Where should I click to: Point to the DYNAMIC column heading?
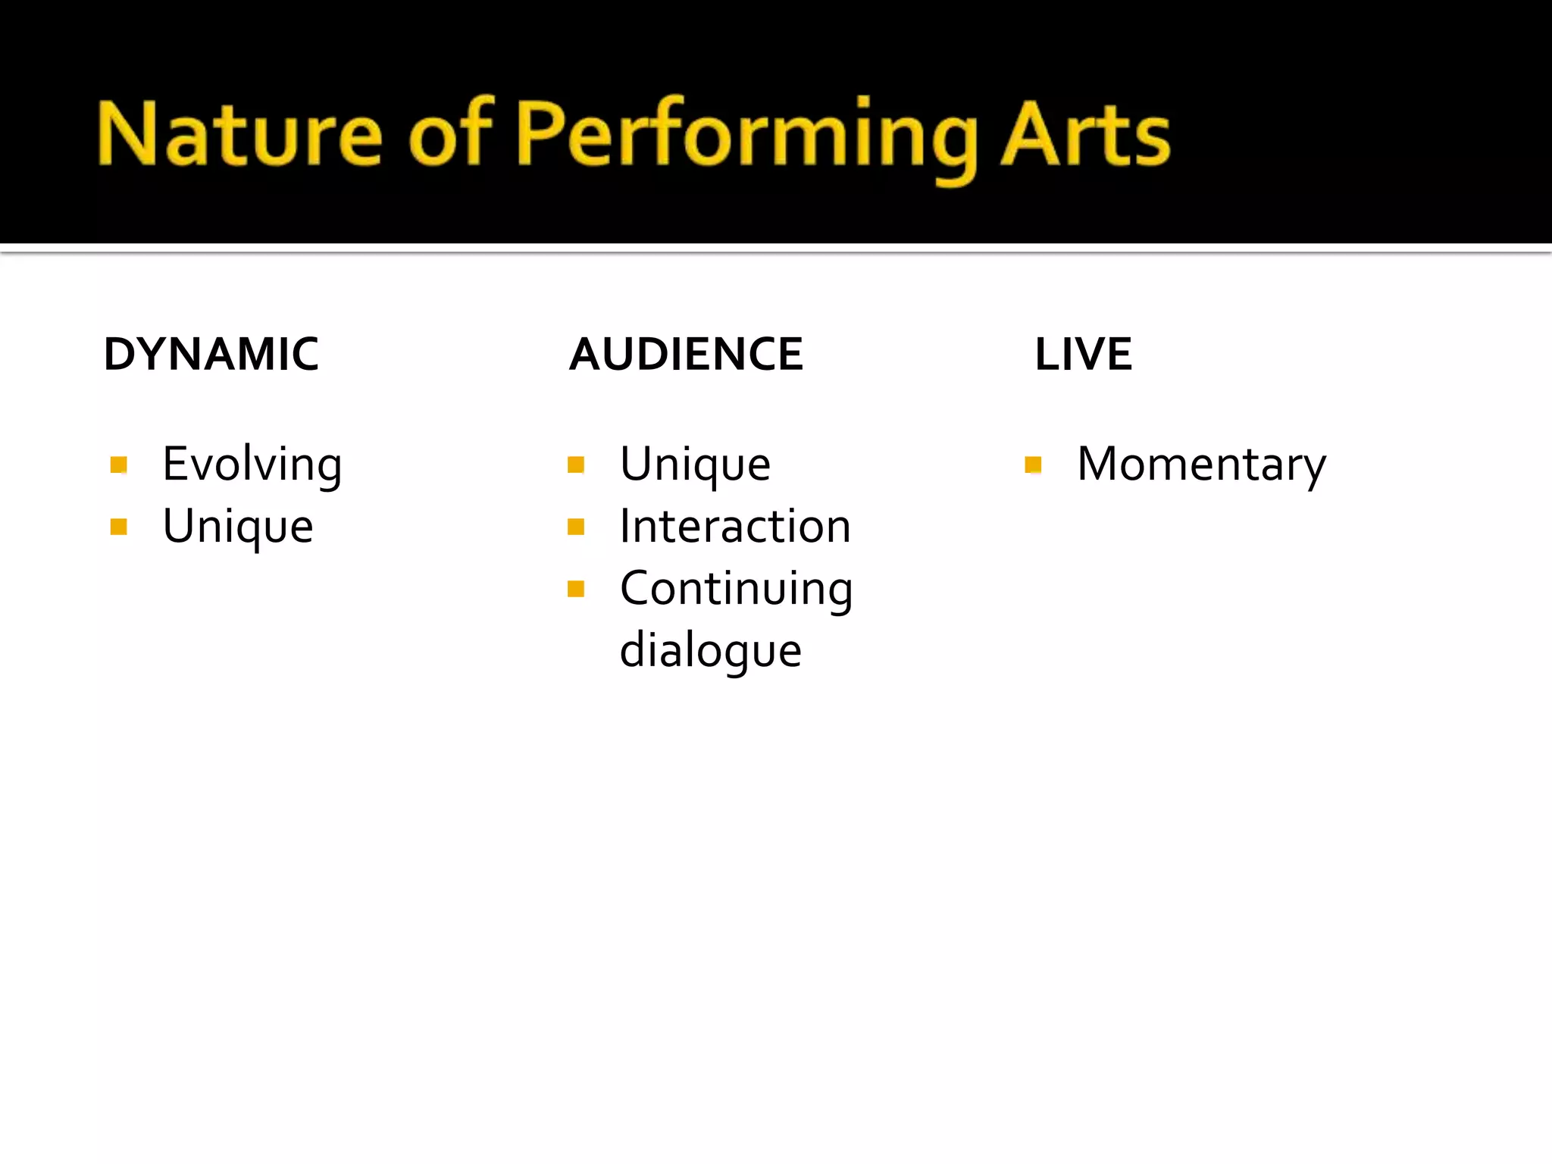click(211, 354)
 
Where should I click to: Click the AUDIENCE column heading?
click(686, 354)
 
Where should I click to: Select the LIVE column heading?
click(1083, 354)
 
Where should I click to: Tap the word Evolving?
click(252, 464)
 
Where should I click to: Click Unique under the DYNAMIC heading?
click(238, 526)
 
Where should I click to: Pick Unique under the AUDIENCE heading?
click(695, 464)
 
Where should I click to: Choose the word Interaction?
click(735, 526)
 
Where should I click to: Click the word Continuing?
click(736, 588)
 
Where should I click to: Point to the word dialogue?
click(710, 650)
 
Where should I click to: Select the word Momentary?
click(1201, 464)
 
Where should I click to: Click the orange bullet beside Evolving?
click(118, 465)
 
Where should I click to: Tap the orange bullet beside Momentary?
click(1033, 465)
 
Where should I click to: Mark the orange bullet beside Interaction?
click(576, 527)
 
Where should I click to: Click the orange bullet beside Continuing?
click(576, 589)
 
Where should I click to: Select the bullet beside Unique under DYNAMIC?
click(118, 527)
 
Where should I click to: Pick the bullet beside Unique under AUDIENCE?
click(576, 465)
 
